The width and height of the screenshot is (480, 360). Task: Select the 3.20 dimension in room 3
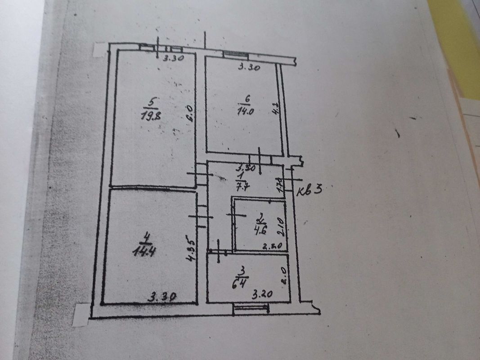(262, 296)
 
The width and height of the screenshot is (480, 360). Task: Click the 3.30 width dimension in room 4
(162, 297)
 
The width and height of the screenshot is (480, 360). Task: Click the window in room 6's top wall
(236, 54)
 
